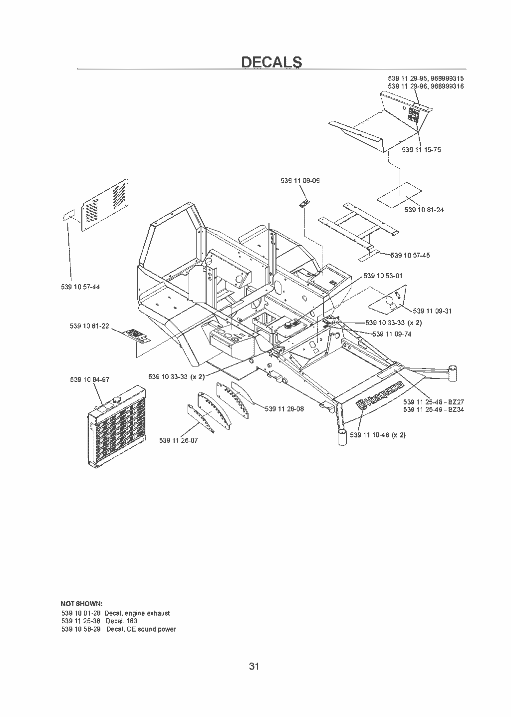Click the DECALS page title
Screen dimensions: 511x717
(x=271, y=61)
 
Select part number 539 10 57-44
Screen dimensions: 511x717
(x=80, y=287)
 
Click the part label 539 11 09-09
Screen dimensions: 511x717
(x=300, y=181)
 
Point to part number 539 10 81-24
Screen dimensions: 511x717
(x=424, y=210)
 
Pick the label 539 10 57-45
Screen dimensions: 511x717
(x=410, y=255)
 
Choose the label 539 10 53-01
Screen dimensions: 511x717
(x=383, y=276)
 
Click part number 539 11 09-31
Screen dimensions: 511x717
(x=432, y=311)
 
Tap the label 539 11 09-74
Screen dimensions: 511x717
(x=392, y=334)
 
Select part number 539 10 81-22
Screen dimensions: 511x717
(x=89, y=326)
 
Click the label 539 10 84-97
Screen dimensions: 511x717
(x=90, y=379)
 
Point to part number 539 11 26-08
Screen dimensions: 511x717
(x=284, y=409)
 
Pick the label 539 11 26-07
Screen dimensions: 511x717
(x=179, y=440)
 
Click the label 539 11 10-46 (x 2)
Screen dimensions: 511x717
(x=378, y=435)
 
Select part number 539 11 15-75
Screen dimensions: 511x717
(x=421, y=150)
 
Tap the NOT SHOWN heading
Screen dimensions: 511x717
(x=82, y=604)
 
